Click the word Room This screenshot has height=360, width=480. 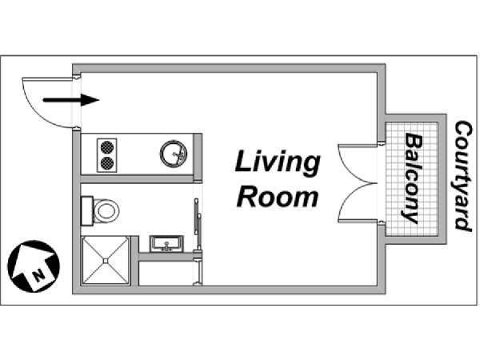pos(278,197)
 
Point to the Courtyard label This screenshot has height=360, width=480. pos(462,175)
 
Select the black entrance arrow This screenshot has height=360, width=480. pos(71,100)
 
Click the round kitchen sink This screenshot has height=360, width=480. pos(174,154)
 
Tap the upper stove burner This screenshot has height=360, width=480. pos(107,147)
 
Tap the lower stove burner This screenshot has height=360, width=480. pos(107,163)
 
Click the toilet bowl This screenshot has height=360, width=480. pos(106,211)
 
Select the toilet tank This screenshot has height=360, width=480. pos(87,211)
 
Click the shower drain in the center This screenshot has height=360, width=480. pos(106,261)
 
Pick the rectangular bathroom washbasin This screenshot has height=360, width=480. pos(166,244)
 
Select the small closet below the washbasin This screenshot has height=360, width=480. pos(166,274)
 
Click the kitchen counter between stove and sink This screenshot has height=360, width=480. pos(138,154)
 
